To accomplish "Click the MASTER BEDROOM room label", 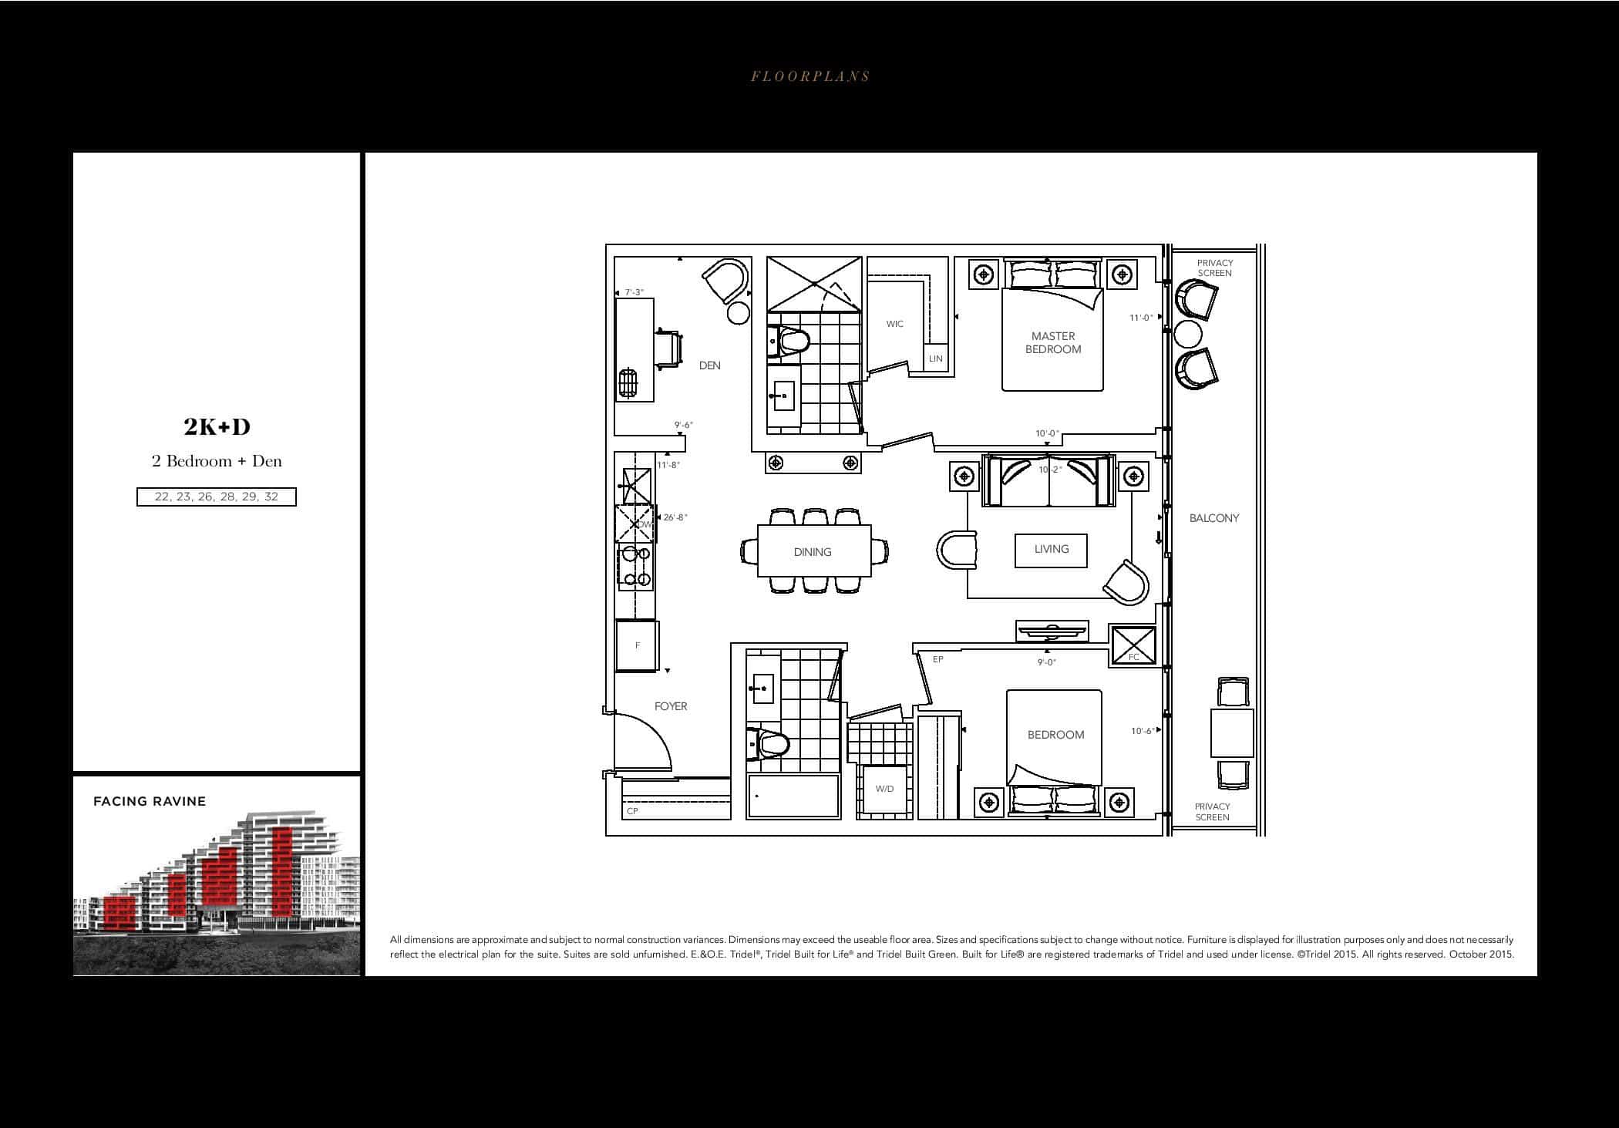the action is point(1053,342).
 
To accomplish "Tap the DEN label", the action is point(710,365).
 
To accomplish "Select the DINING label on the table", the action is point(813,552).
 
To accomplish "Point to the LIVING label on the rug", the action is point(1052,549).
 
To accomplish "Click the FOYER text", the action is point(671,706).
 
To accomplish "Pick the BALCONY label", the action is point(1214,518).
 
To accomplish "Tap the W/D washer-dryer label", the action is point(884,789).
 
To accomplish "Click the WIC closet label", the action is point(895,324).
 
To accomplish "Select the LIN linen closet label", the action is point(936,359).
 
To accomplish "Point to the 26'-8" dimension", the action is point(675,517).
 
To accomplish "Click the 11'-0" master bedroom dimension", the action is point(1141,318).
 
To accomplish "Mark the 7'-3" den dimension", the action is point(634,292).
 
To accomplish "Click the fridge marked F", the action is point(637,646).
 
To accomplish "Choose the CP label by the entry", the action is point(633,811).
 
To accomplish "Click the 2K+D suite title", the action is point(217,426).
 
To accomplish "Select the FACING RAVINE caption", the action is point(150,801).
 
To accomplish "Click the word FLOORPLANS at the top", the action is point(810,76).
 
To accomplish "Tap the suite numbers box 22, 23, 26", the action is point(217,497).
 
